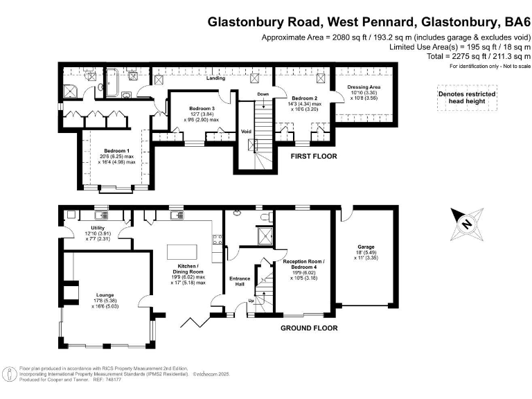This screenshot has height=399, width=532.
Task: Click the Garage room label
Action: click(x=366, y=247)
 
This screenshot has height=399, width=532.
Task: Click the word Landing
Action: click(x=216, y=78)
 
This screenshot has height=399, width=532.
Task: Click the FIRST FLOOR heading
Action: click(x=314, y=157)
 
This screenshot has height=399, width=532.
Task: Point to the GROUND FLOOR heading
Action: click(x=309, y=328)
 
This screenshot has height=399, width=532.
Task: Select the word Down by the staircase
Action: click(x=263, y=94)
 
